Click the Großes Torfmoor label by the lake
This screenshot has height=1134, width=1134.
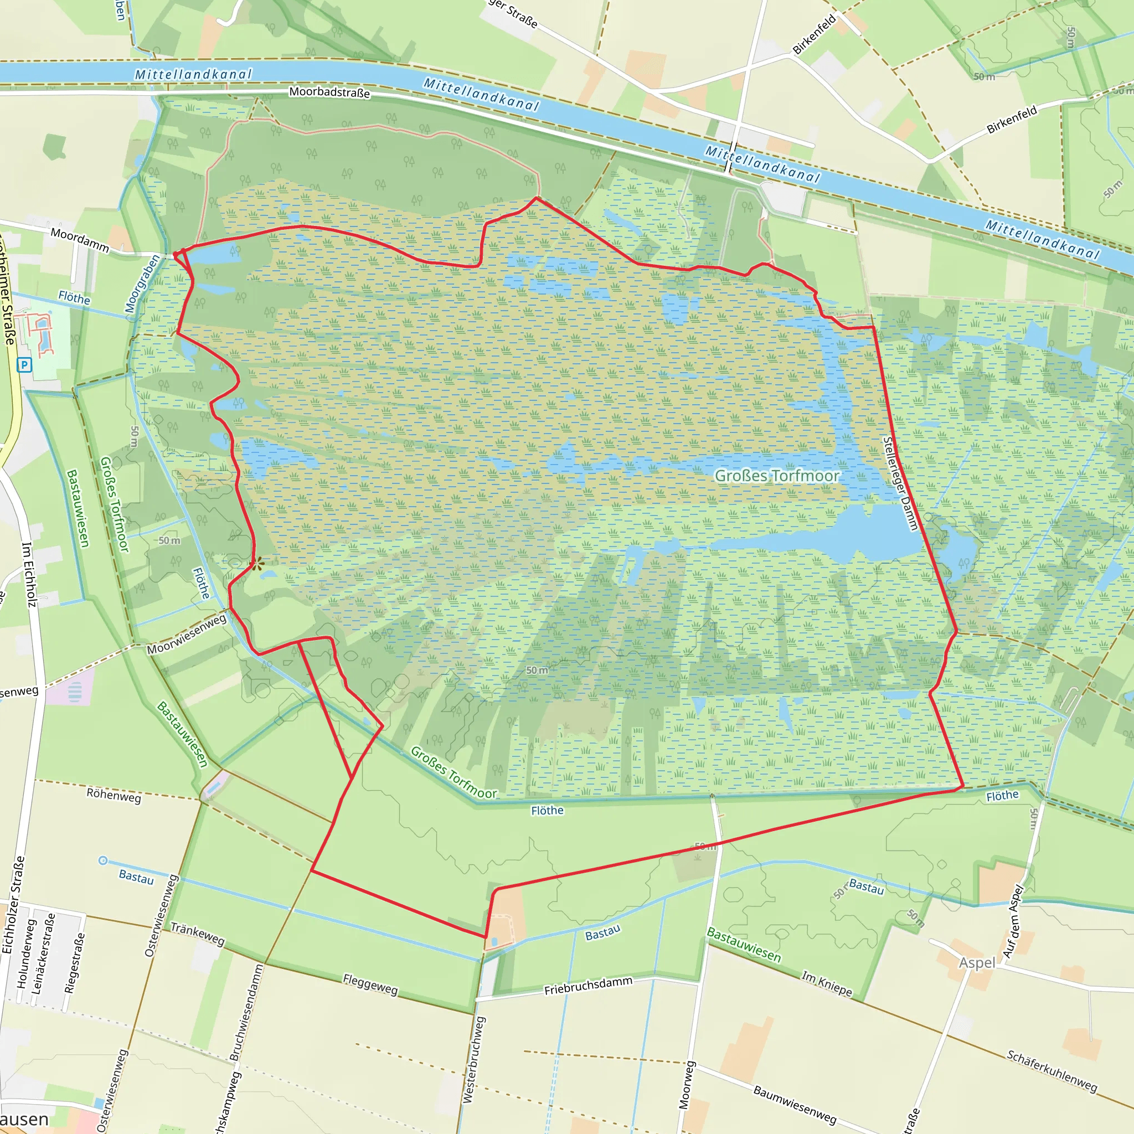[x=776, y=476]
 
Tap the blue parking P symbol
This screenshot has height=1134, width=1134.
[x=24, y=365]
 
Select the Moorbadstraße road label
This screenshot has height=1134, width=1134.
[x=329, y=92]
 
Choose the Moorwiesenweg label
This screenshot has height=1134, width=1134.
[x=187, y=635]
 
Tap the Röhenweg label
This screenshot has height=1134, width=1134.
[x=114, y=796]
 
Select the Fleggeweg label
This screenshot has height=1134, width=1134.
[x=370, y=984]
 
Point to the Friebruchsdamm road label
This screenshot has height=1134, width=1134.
[x=588, y=986]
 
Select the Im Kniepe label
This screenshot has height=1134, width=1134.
[x=827, y=984]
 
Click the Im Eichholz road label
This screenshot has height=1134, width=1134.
[x=29, y=574]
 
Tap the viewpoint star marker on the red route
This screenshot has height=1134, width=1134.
[x=256, y=565]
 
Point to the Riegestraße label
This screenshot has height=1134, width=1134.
[x=75, y=963]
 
